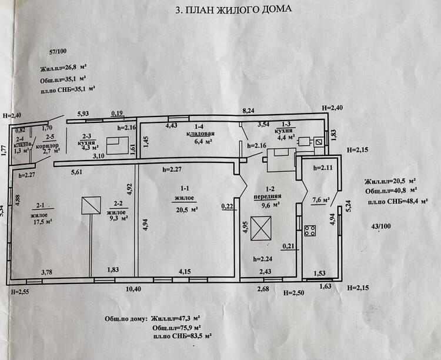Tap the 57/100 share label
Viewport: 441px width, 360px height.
pos(58,51)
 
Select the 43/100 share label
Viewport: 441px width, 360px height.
pos(381,226)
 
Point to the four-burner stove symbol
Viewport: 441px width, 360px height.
pos(310,231)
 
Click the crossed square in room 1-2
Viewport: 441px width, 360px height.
pos(261,228)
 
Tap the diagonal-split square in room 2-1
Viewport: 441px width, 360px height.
pos(91,205)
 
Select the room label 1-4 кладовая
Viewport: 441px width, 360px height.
pos(200,131)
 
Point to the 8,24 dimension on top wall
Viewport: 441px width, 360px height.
pos(248,111)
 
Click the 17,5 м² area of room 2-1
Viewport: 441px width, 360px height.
pos(43,221)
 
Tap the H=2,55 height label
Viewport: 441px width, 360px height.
pos(20,292)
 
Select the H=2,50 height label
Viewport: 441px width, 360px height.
pos(293,293)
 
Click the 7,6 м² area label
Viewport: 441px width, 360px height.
pos(321,201)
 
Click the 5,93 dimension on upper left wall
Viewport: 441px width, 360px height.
pos(83,114)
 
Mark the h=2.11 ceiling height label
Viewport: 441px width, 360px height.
pos(323,168)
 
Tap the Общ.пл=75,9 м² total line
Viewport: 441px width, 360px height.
pos(176,328)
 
